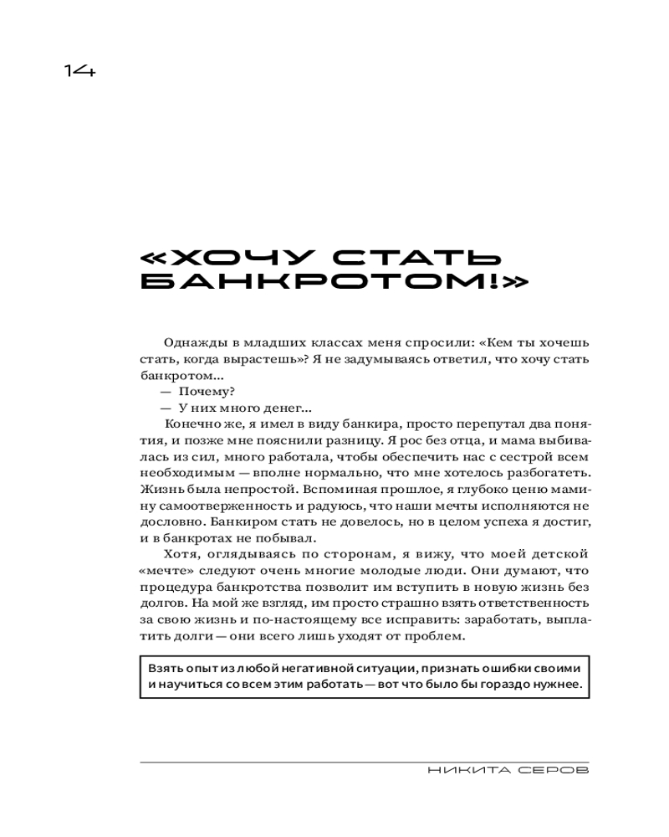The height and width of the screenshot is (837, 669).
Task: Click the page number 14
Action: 80,71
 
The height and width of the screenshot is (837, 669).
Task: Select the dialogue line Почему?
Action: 207,391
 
